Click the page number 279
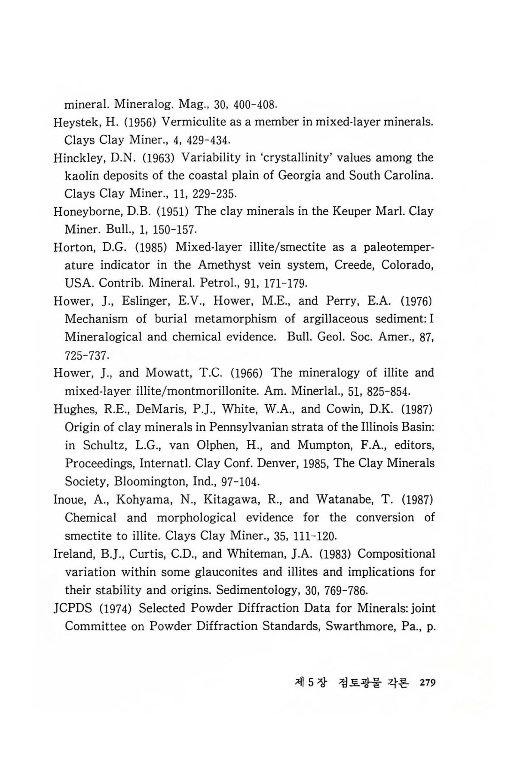coord(428,683)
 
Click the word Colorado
coord(407,265)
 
